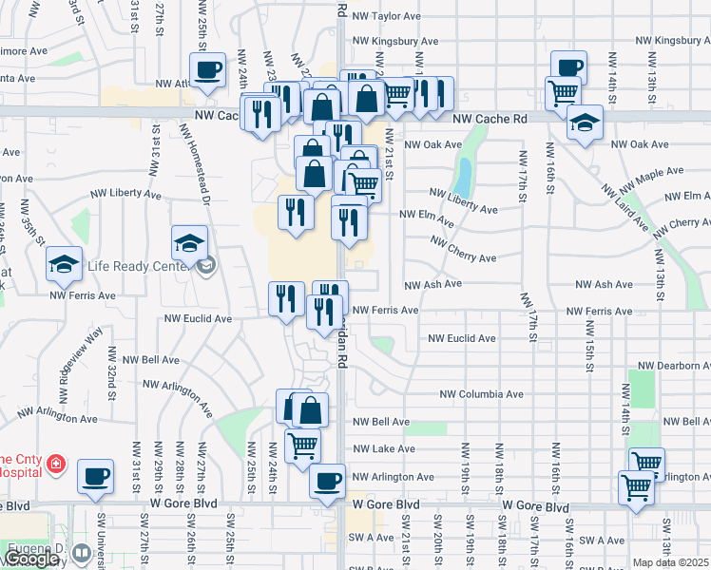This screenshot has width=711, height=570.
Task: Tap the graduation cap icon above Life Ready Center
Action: click(x=189, y=243)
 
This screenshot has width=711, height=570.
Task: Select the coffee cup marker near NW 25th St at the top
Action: click(x=207, y=68)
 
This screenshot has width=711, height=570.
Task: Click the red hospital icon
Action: click(x=57, y=465)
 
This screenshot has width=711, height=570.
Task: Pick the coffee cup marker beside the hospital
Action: click(x=94, y=476)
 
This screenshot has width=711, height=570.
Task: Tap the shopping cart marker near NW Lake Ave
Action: click(x=302, y=444)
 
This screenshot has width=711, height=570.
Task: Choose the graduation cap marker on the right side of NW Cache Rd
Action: click(x=584, y=122)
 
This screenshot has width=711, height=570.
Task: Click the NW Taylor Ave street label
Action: click(x=386, y=16)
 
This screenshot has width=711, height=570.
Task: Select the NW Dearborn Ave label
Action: click(x=674, y=366)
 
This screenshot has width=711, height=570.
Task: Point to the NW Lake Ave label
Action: click(x=383, y=449)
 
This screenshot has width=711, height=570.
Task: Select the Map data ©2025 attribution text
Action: click(x=671, y=562)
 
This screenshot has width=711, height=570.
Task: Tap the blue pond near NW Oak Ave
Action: click(x=464, y=175)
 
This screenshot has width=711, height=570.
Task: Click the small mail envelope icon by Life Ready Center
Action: click(x=205, y=268)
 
